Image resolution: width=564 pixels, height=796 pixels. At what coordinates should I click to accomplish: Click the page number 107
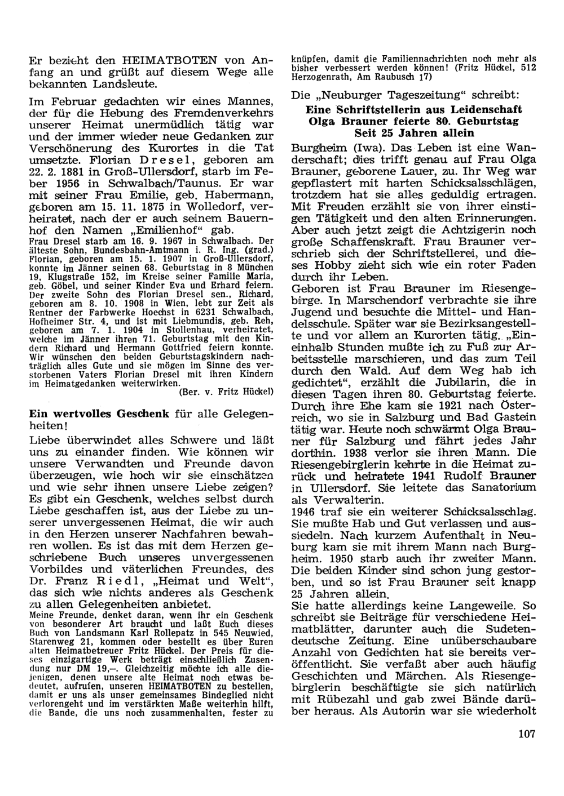[x=524, y=733]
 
